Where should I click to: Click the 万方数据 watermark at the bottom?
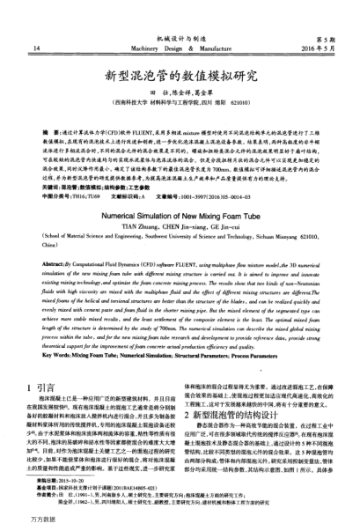pos(25,522)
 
